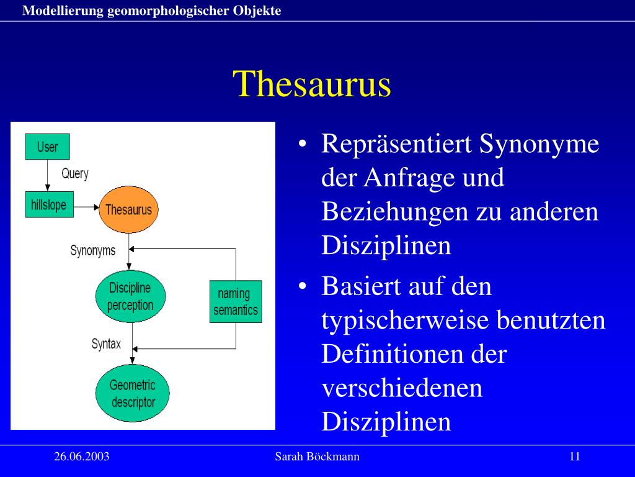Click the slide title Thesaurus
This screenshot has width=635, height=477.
coord(313,84)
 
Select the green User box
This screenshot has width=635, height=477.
coord(47,147)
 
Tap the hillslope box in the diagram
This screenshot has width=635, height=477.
coord(49,205)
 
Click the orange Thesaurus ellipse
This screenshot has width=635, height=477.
coord(128,209)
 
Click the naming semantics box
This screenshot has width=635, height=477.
coord(236,302)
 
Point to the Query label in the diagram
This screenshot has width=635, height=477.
coord(75,174)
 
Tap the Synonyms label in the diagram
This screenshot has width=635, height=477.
coord(92,252)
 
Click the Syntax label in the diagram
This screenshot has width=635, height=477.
coord(106,343)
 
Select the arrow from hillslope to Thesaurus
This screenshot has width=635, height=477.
coord(86,207)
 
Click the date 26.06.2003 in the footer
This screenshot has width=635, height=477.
coord(82,457)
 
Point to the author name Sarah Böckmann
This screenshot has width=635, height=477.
coord(317,457)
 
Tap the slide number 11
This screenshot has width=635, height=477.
coord(574,457)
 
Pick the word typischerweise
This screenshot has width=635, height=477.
coord(405,321)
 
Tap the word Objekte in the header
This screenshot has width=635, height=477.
coord(258,11)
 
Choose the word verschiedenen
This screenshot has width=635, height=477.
coord(402,388)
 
